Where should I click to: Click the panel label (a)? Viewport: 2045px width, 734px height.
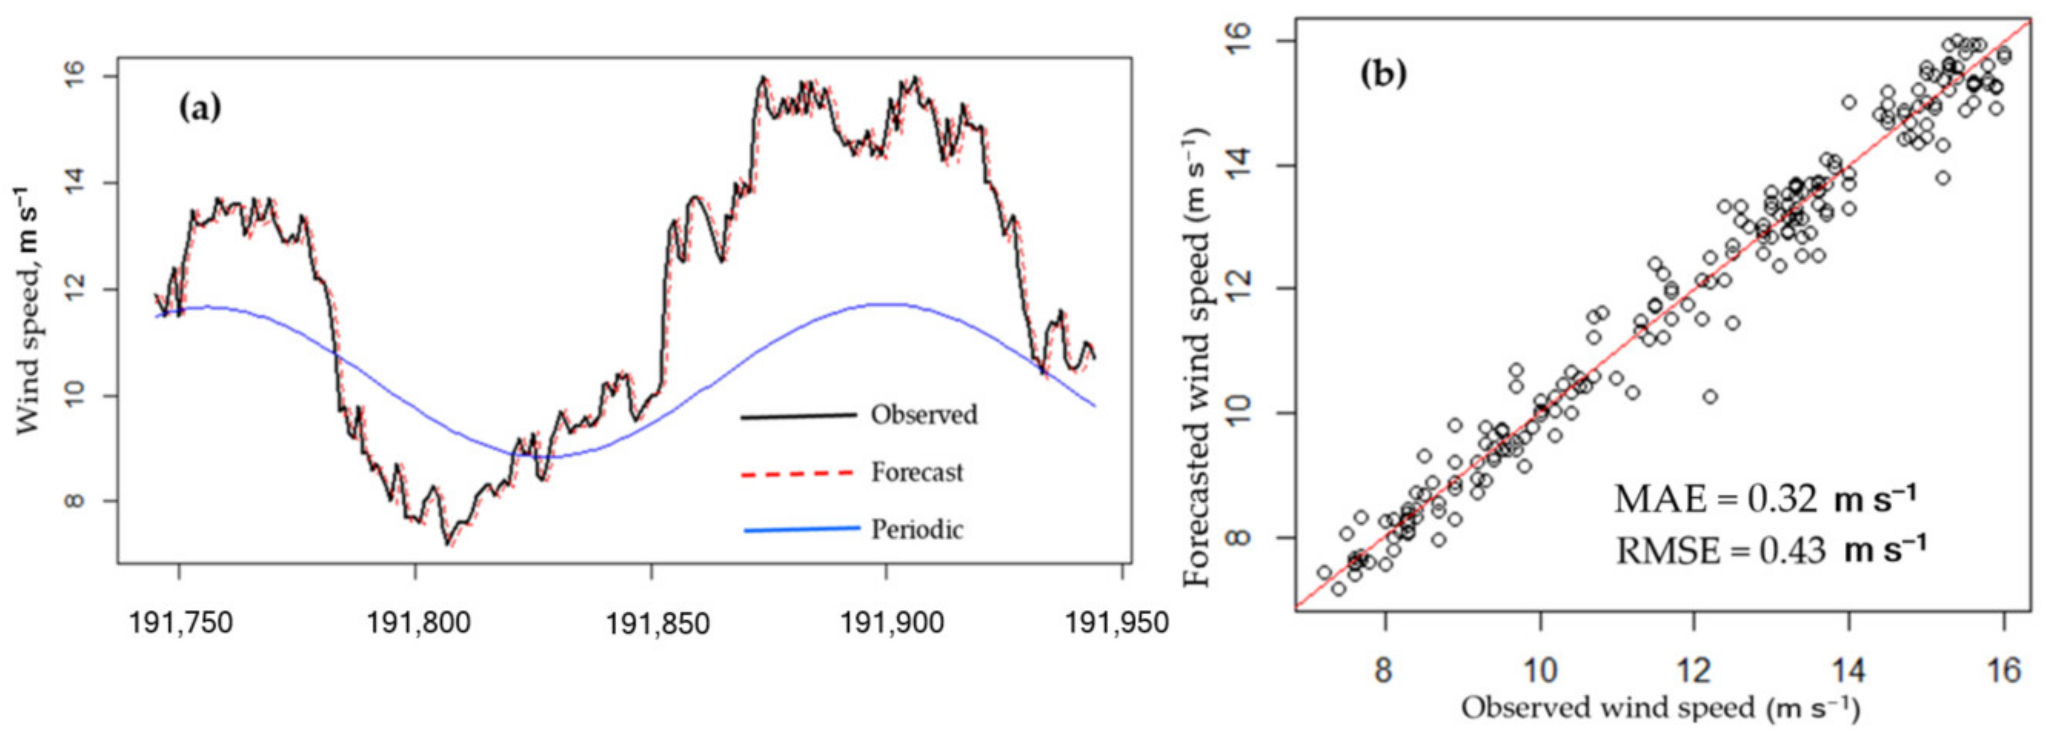tap(200, 109)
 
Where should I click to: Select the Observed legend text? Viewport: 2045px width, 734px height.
tap(923, 415)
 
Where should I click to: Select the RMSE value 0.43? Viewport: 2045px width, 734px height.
tap(1792, 550)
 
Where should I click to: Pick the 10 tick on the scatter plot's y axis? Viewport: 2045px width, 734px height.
tap(1239, 413)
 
